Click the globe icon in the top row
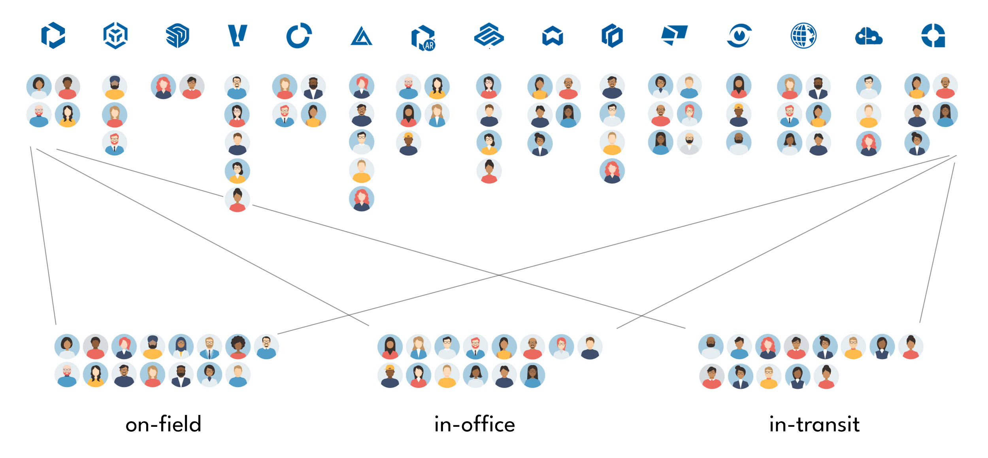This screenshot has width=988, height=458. [x=803, y=36]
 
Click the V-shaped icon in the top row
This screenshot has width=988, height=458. [x=238, y=35]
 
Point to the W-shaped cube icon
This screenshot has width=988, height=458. [x=552, y=37]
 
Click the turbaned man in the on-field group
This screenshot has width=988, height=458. [x=153, y=347]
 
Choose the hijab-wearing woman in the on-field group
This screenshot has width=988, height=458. [x=181, y=347]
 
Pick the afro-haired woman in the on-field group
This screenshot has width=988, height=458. [x=238, y=347]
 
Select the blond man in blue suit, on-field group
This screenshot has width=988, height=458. [x=209, y=347]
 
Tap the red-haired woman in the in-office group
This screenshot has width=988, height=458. [x=561, y=347]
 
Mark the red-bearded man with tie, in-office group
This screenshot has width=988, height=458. [x=475, y=347]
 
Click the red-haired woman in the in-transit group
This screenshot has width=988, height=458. [x=768, y=347]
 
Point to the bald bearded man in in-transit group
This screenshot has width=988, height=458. [x=711, y=347]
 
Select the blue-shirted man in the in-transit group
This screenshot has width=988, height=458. [x=739, y=347]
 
